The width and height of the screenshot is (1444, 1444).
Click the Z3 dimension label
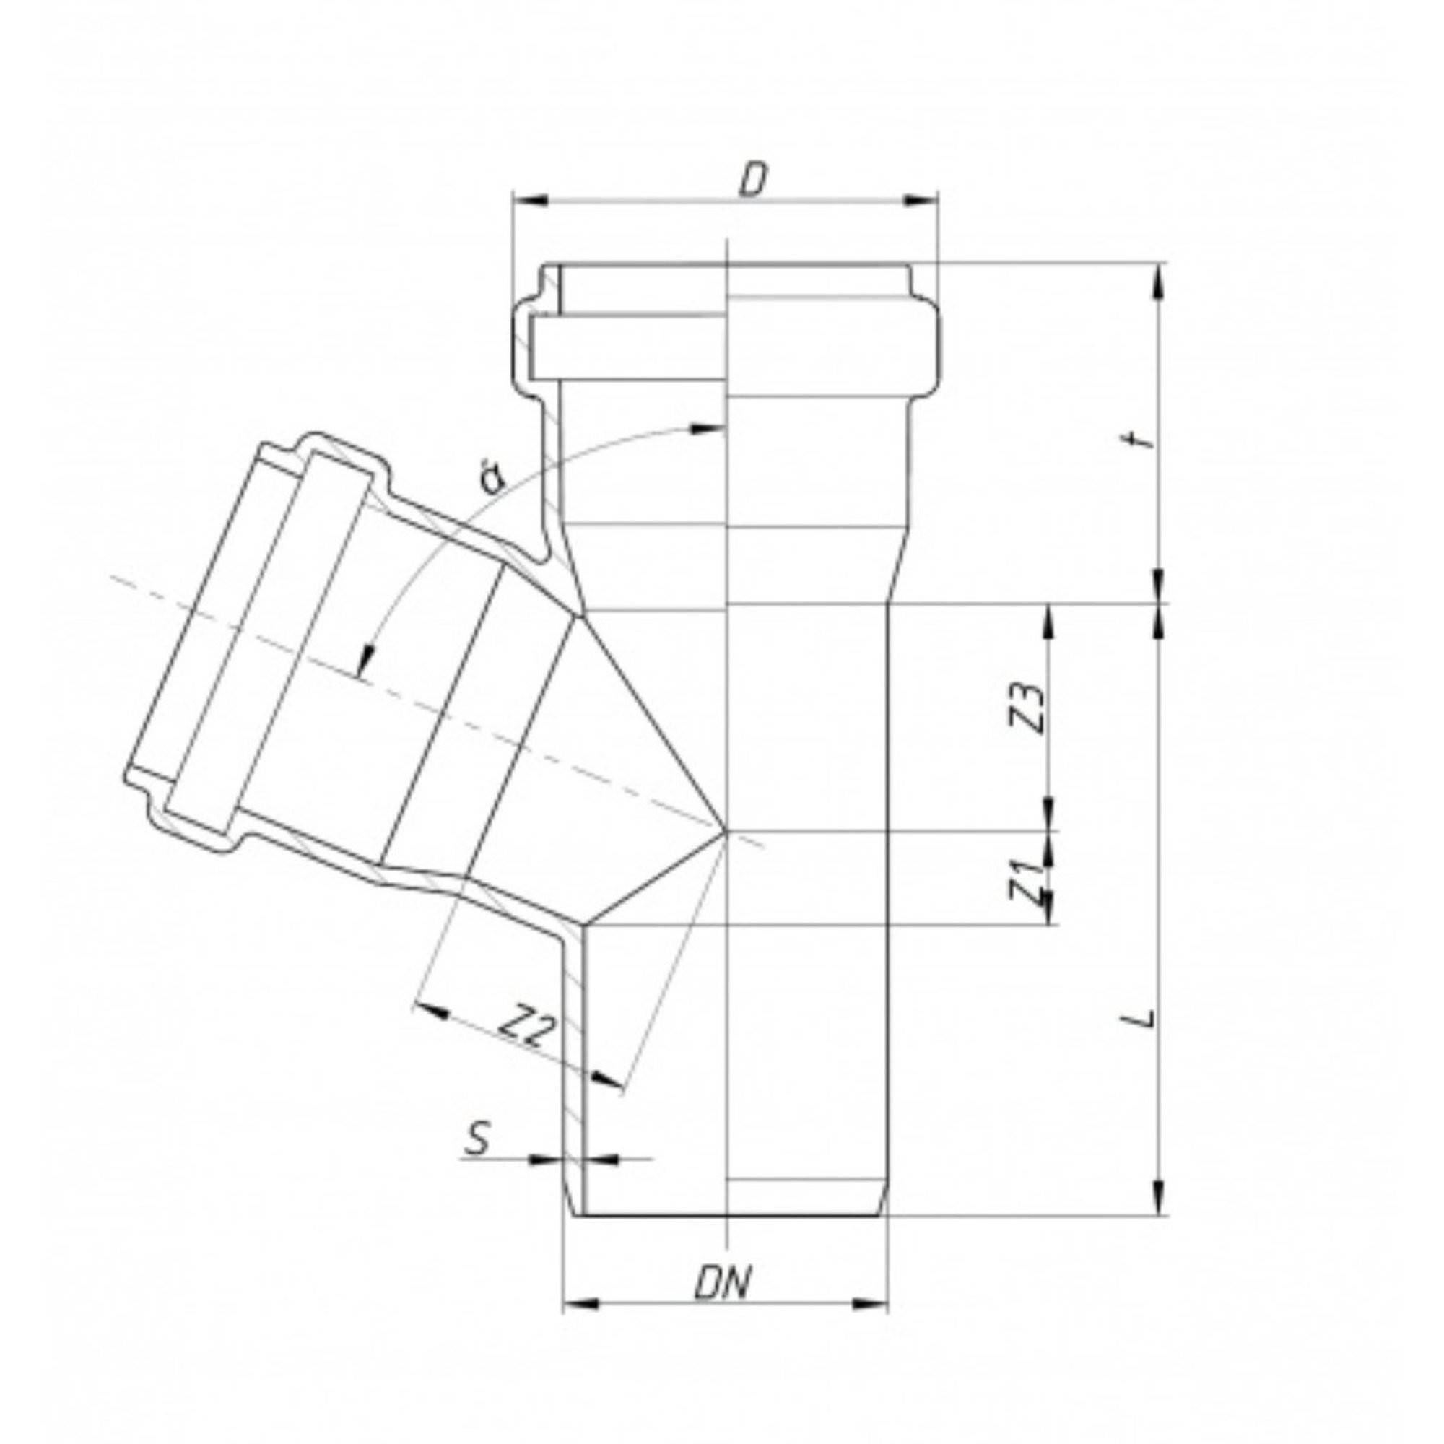tap(1032, 707)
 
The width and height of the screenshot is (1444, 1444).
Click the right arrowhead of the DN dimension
tap(871, 1325)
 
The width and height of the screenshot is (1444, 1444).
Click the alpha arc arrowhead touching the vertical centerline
tap(710, 427)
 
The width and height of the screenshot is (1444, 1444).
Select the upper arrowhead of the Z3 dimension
tap(1050, 620)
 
